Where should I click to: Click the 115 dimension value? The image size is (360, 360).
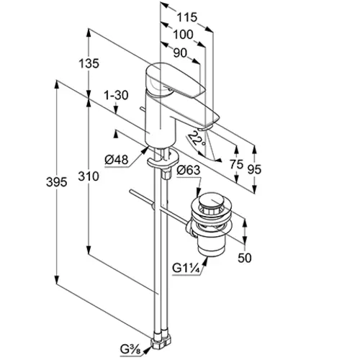187,17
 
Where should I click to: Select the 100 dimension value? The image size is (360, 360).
183,35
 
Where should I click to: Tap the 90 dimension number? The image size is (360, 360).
180,53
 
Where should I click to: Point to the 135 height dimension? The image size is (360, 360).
89,63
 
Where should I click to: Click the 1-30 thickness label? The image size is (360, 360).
116,95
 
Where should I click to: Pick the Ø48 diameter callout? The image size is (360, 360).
117,159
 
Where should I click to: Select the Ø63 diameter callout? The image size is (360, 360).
188,170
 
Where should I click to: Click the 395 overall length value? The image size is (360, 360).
56,182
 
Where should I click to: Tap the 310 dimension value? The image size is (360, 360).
89,176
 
